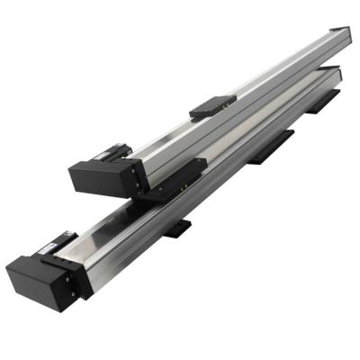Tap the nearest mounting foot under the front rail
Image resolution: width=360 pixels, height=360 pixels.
(x=178, y=227)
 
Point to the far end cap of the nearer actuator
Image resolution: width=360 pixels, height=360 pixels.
(x=335, y=74)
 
